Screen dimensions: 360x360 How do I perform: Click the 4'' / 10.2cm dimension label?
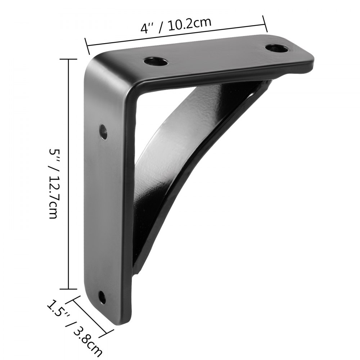[x=175, y=26]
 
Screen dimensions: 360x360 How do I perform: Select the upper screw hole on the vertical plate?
[x=104, y=131]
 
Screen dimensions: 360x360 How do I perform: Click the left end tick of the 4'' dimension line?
[x=87, y=45]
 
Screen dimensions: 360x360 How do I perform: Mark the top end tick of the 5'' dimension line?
[x=68, y=59]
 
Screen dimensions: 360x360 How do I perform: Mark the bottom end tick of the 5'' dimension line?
[x=68, y=288]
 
